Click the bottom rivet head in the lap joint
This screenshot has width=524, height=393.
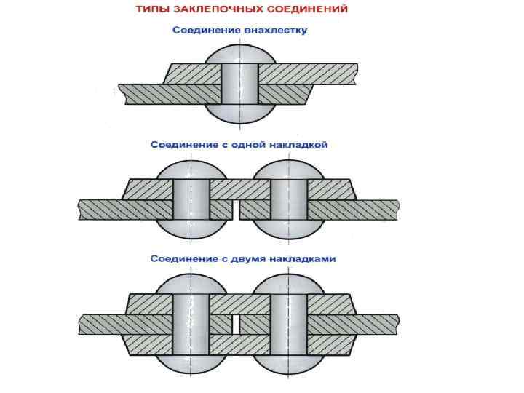tap(240, 113)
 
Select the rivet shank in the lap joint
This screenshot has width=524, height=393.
tap(240, 83)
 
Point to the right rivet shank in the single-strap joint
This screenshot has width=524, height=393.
tap(288, 199)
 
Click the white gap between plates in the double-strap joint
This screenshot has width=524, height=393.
tap(235, 324)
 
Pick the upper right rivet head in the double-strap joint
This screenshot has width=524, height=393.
tap(288, 284)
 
